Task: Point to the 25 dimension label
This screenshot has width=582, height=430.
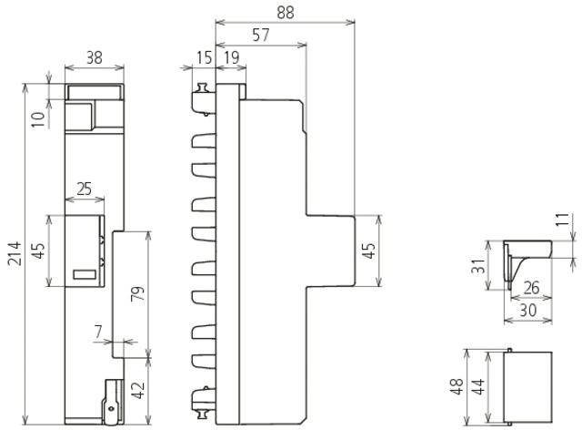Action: point(84,189)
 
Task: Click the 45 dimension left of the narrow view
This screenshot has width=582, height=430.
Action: point(39,251)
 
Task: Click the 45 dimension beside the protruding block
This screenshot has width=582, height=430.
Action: point(368,251)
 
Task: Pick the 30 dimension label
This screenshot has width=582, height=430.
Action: point(527,310)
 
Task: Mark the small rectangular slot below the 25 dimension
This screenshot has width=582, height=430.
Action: point(85,273)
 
